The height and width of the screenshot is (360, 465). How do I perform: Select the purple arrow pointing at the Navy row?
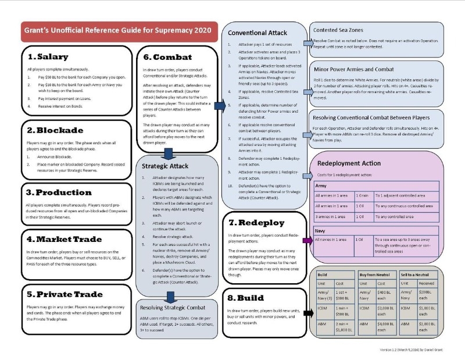[306, 240]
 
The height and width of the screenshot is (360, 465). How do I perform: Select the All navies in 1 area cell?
[332, 239]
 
